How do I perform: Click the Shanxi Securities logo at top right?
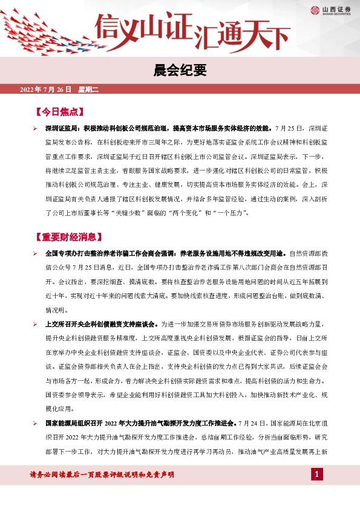[332, 10]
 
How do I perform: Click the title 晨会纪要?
[180, 71]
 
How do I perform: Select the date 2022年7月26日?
[46, 89]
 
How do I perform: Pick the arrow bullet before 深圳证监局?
[36, 129]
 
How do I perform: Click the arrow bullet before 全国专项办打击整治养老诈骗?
[36, 253]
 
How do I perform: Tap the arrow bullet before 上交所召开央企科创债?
[36, 324]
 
